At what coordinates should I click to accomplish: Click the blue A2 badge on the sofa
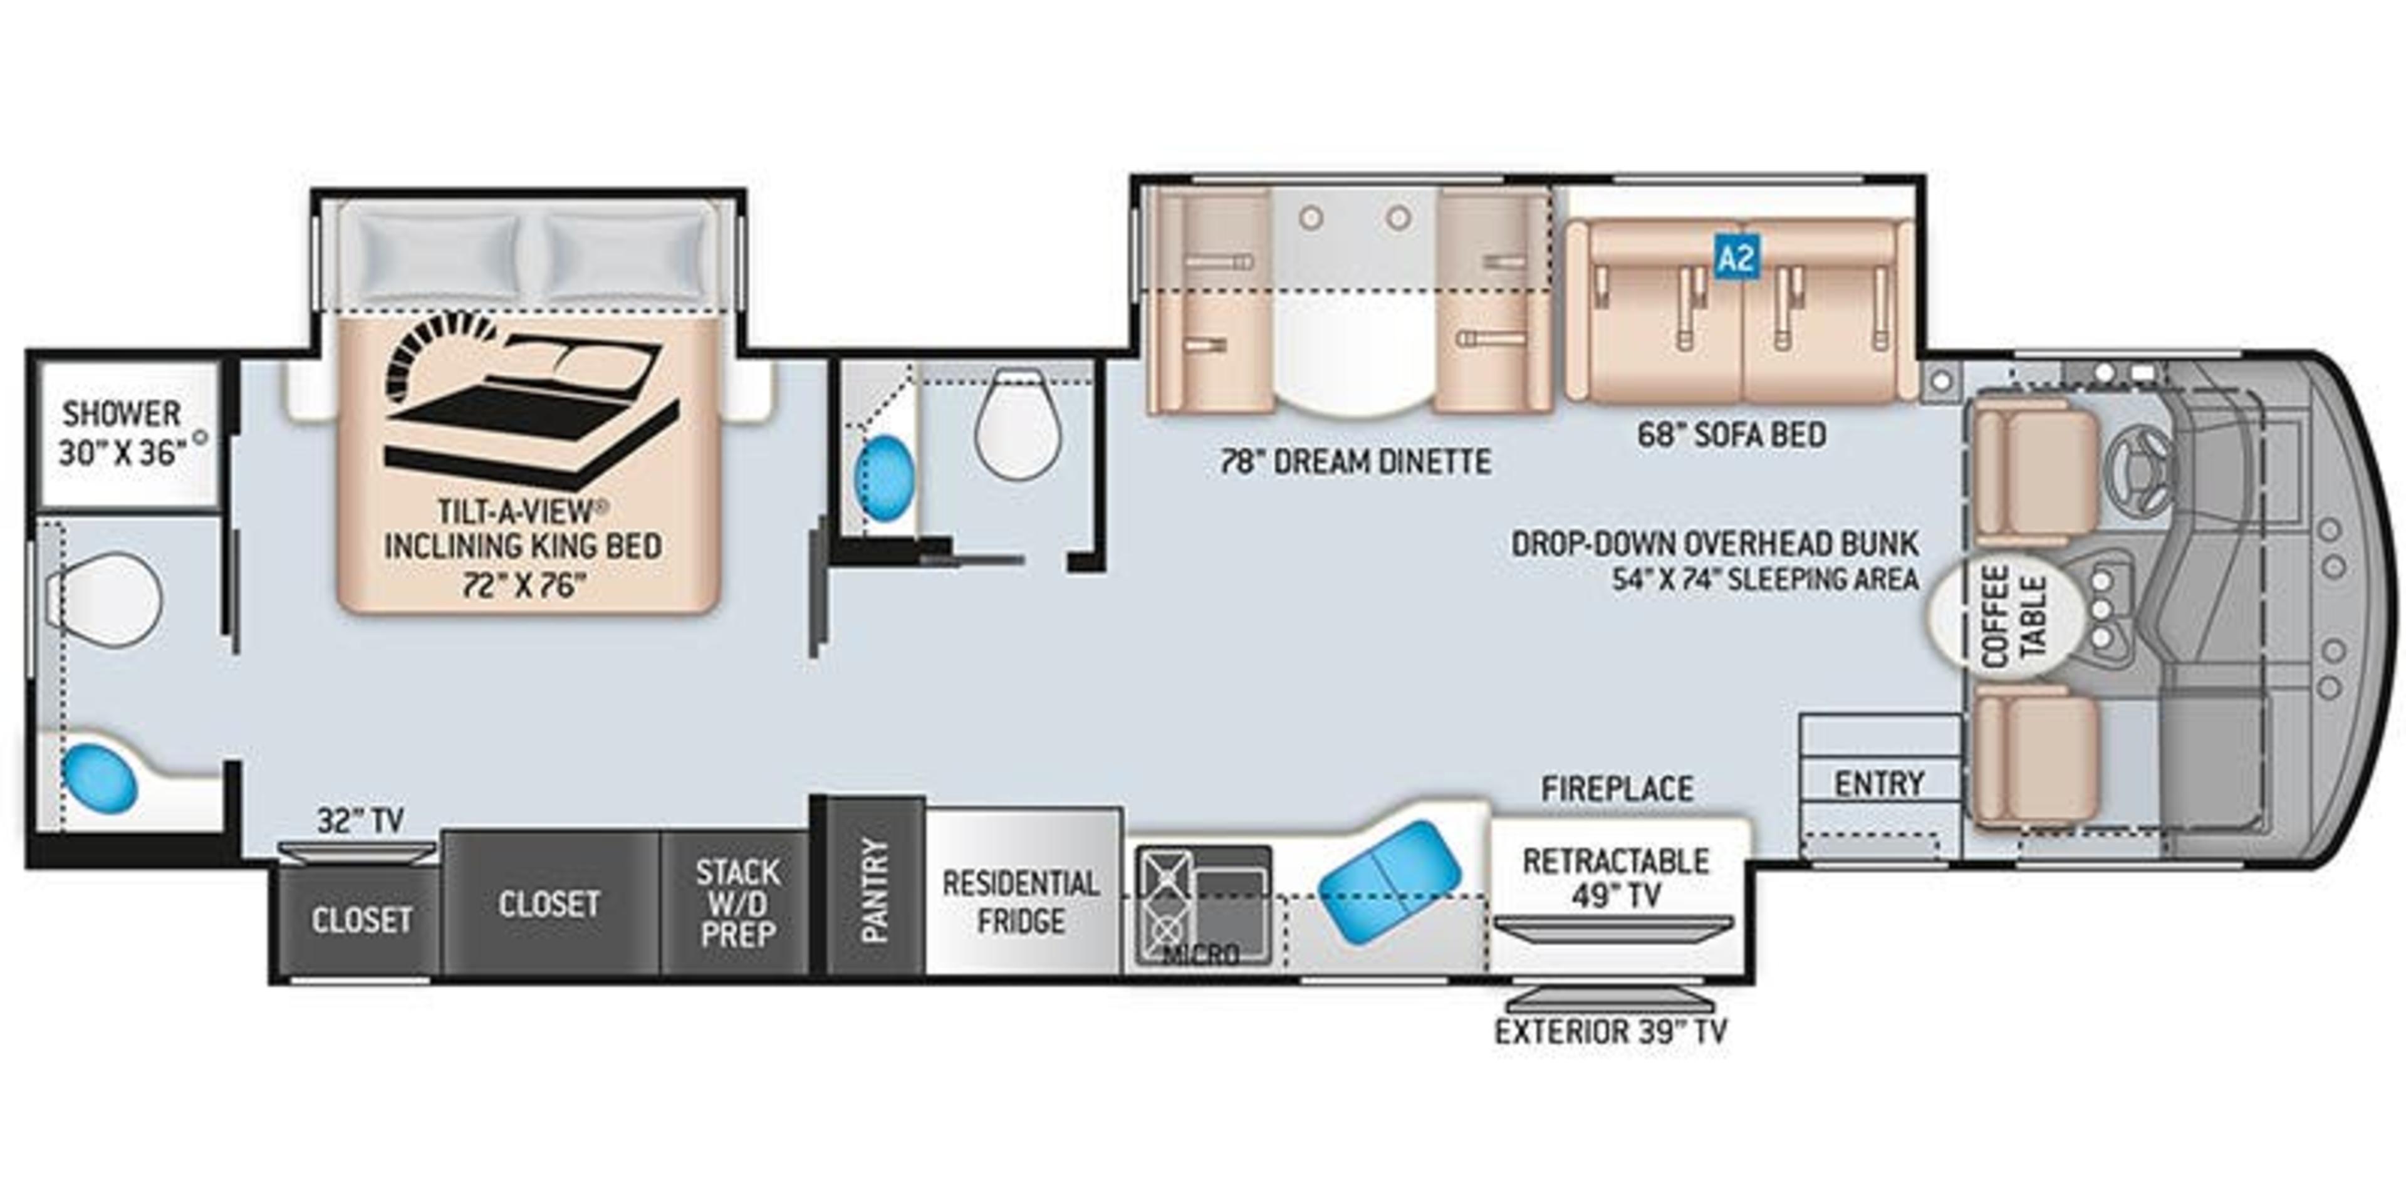coord(1736,257)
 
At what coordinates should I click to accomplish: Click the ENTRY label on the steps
coord(1878,783)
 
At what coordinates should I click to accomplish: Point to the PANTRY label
coord(874,889)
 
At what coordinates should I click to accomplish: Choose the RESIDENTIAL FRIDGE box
coord(1021,902)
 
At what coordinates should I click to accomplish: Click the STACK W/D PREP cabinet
coord(736,903)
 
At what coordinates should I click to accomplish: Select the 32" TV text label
coord(360,820)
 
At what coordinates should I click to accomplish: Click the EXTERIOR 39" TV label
coord(1610,1032)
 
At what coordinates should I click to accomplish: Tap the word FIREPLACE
coord(1617,789)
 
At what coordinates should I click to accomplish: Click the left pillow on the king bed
coord(439,254)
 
